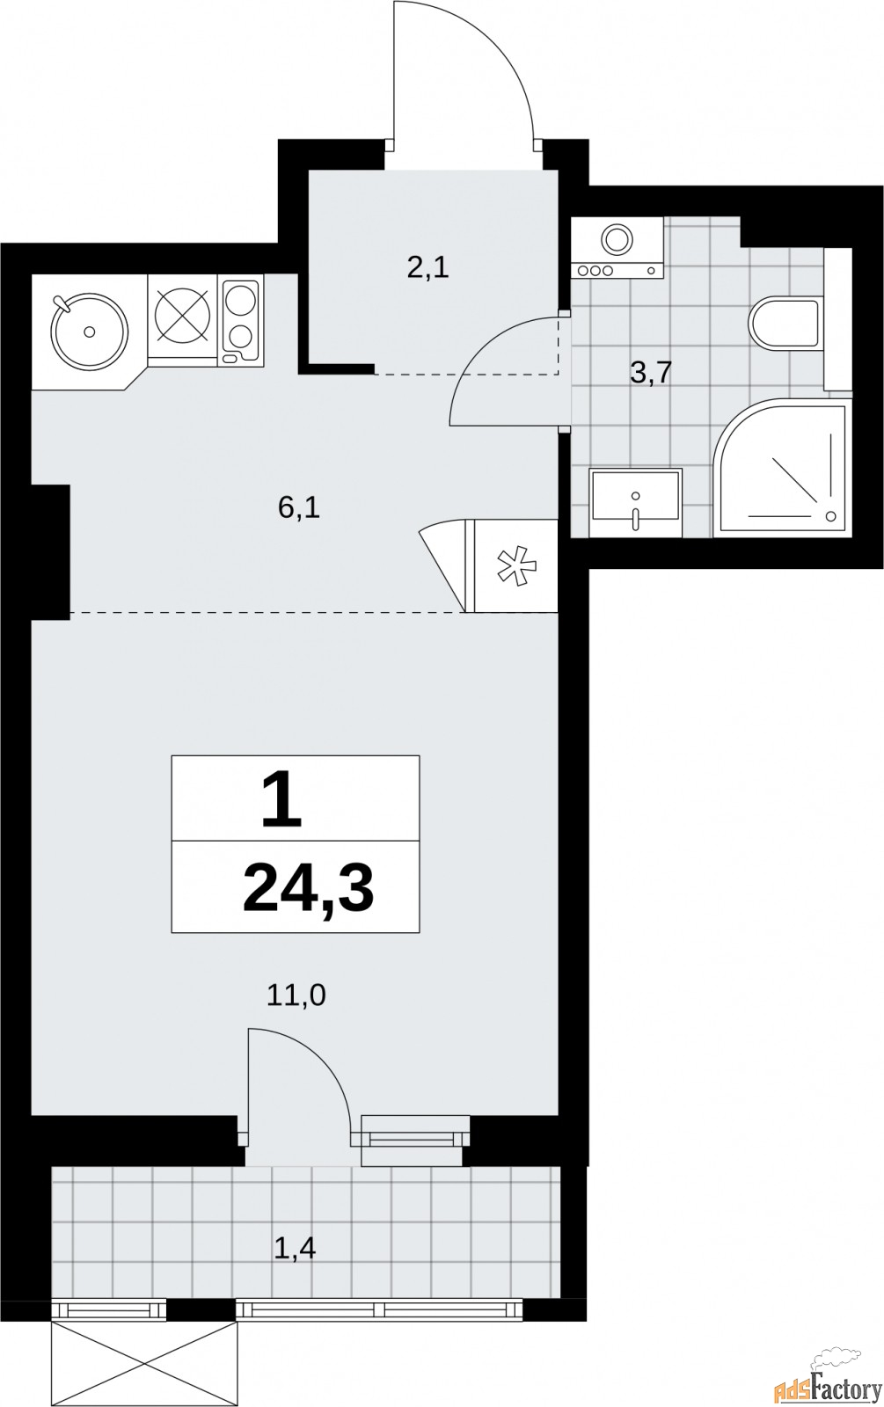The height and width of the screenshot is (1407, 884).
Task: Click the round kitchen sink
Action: click(x=90, y=331)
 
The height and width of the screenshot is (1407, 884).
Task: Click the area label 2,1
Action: click(x=427, y=268)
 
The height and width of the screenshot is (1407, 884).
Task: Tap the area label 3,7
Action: click(x=652, y=374)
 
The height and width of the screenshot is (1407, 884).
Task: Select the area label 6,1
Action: click(x=299, y=507)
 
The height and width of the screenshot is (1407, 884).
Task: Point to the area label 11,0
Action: click(x=296, y=996)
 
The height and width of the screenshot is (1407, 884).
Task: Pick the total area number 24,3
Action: click(x=309, y=887)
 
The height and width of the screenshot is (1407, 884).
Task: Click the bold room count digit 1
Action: click(x=282, y=799)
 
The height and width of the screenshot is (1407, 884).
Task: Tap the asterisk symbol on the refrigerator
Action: click(x=516, y=566)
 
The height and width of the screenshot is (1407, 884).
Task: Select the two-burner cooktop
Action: click(x=241, y=320)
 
